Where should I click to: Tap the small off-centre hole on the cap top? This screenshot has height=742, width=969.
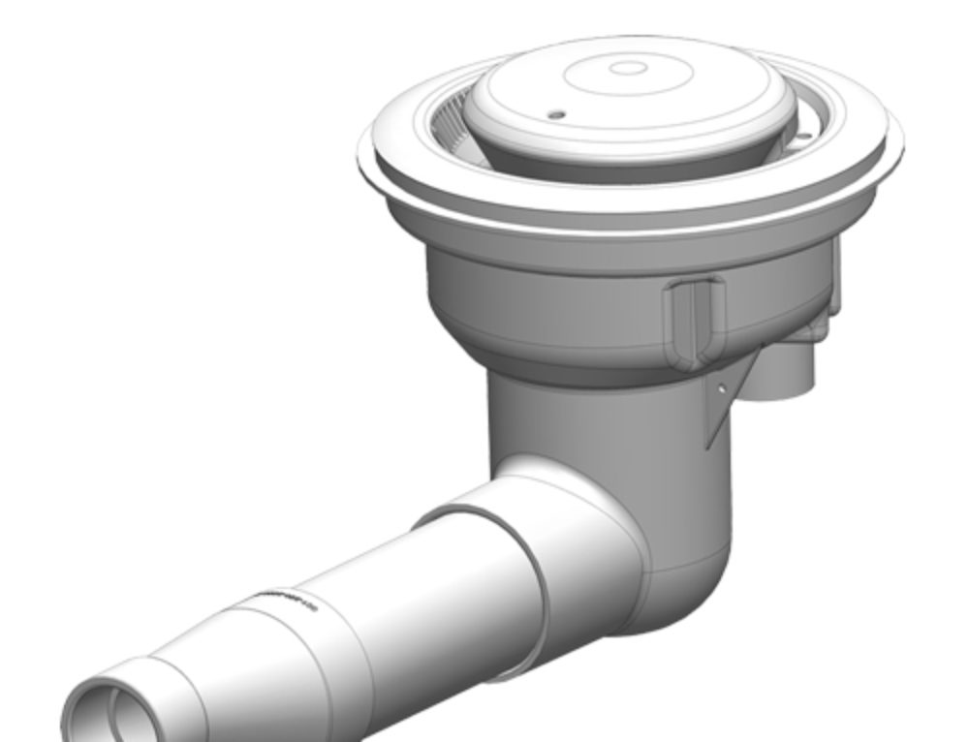556,114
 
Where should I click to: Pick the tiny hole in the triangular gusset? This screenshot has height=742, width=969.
722,389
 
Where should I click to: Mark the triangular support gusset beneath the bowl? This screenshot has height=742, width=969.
729,397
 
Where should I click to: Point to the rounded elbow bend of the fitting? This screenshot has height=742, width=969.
688,581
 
